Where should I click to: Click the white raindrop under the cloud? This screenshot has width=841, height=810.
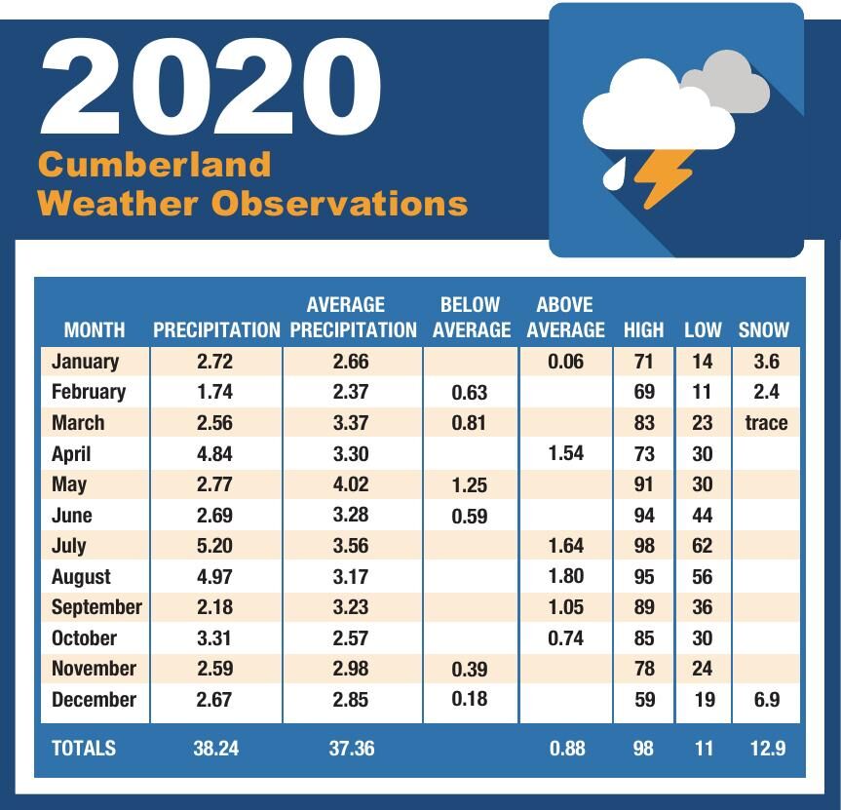tap(615, 174)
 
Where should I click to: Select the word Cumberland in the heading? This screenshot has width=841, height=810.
tap(154, 164)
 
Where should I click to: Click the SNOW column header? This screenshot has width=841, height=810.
tap(763, 329)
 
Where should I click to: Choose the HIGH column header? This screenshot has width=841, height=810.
tap(643, 329)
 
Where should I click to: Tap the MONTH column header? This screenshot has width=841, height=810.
tap(94, 329)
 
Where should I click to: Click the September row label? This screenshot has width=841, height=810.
tap(96, 607)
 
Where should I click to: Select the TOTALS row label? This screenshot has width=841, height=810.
tap(83, 748)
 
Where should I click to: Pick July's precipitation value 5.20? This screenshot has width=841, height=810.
tap(214, 546)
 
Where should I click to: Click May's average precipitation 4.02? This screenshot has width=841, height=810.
tap(351, 484)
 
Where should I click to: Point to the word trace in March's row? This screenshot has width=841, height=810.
tap(763, 423)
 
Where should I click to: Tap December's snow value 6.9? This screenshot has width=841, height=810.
tap(766, 700)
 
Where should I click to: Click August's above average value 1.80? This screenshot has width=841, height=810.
tap(566, 576)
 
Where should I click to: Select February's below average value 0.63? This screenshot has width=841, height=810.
tap(470, 393)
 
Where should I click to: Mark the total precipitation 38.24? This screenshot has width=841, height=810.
tap(214, 748)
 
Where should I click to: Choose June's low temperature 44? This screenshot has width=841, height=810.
tap(702, 515)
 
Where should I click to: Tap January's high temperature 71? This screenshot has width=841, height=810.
tap(643, 362)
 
